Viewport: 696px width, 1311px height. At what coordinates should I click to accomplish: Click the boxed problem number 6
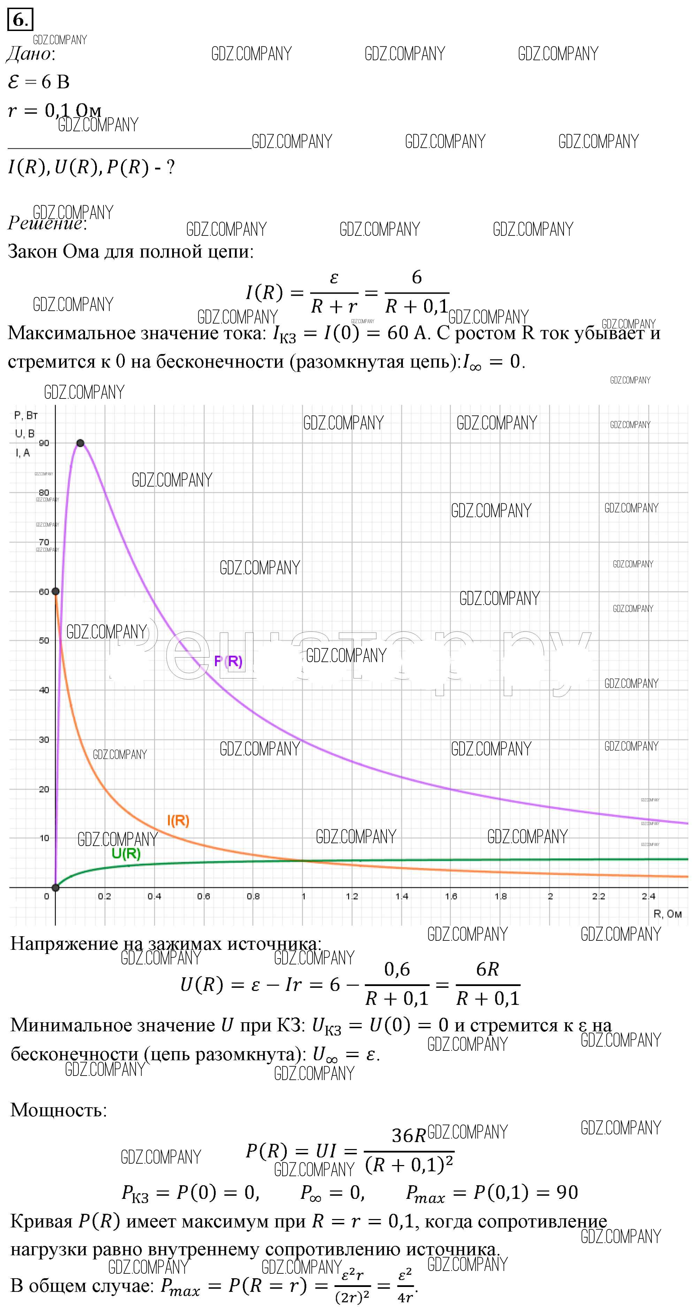(x=20, y=20)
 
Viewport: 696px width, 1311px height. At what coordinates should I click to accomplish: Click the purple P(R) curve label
(x=228, y=661)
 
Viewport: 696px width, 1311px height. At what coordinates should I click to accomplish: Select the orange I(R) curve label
(x=178, y=820)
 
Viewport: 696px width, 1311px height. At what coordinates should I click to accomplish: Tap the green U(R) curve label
(x=126, y=853)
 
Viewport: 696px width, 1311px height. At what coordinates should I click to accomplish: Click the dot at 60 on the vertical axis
(x=55, y=591)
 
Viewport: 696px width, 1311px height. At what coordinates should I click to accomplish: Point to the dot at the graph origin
(x=55, y=887)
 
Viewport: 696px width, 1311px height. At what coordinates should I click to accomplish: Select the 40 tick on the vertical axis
(x=44, y=690)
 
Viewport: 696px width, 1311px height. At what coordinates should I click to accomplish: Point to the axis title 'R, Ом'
(x=667, y=914)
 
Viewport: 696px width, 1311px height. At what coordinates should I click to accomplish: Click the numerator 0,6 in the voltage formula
(x=397, y=969)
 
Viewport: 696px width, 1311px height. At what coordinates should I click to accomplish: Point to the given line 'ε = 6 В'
(x=39, y=82)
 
